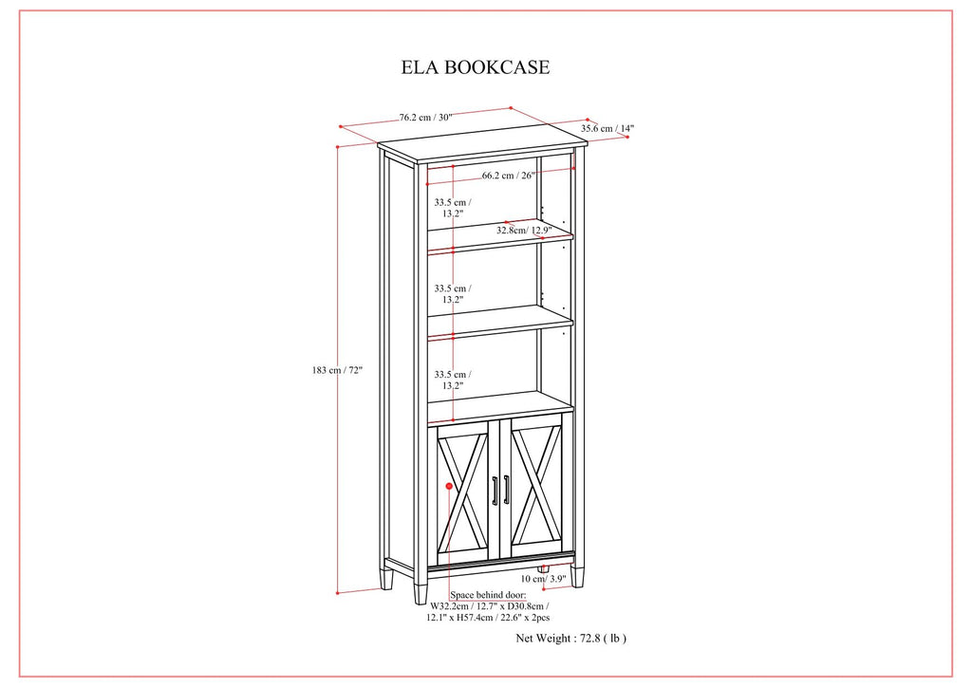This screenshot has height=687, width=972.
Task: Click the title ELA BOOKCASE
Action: pos(476,67)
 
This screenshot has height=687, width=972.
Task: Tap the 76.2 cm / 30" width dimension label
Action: pos(426,117)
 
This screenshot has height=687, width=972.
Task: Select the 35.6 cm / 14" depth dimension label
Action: pos(607,129)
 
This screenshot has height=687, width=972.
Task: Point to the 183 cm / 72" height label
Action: pos(337,370)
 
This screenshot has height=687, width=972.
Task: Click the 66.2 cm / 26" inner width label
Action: pos(509,176)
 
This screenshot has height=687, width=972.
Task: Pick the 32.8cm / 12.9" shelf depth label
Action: pos(524,231)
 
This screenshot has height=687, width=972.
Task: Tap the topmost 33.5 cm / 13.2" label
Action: pos(453,208)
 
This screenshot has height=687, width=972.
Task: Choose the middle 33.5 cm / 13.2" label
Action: pos(453,294)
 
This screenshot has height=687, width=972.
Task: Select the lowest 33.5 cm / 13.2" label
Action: pos(453,381)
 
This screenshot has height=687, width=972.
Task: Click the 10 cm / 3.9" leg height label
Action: pos(543,579)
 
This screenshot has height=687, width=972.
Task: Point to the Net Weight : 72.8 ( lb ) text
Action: pos(570,638)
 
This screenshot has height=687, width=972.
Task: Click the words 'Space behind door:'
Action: pos(488,595)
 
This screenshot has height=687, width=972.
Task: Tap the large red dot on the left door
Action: pos(449,486)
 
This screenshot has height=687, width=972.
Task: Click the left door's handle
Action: pos(495,491)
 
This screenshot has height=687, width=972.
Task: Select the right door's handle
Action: pos(507,490)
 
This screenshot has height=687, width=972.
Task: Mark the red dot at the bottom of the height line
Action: pos(337,593)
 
